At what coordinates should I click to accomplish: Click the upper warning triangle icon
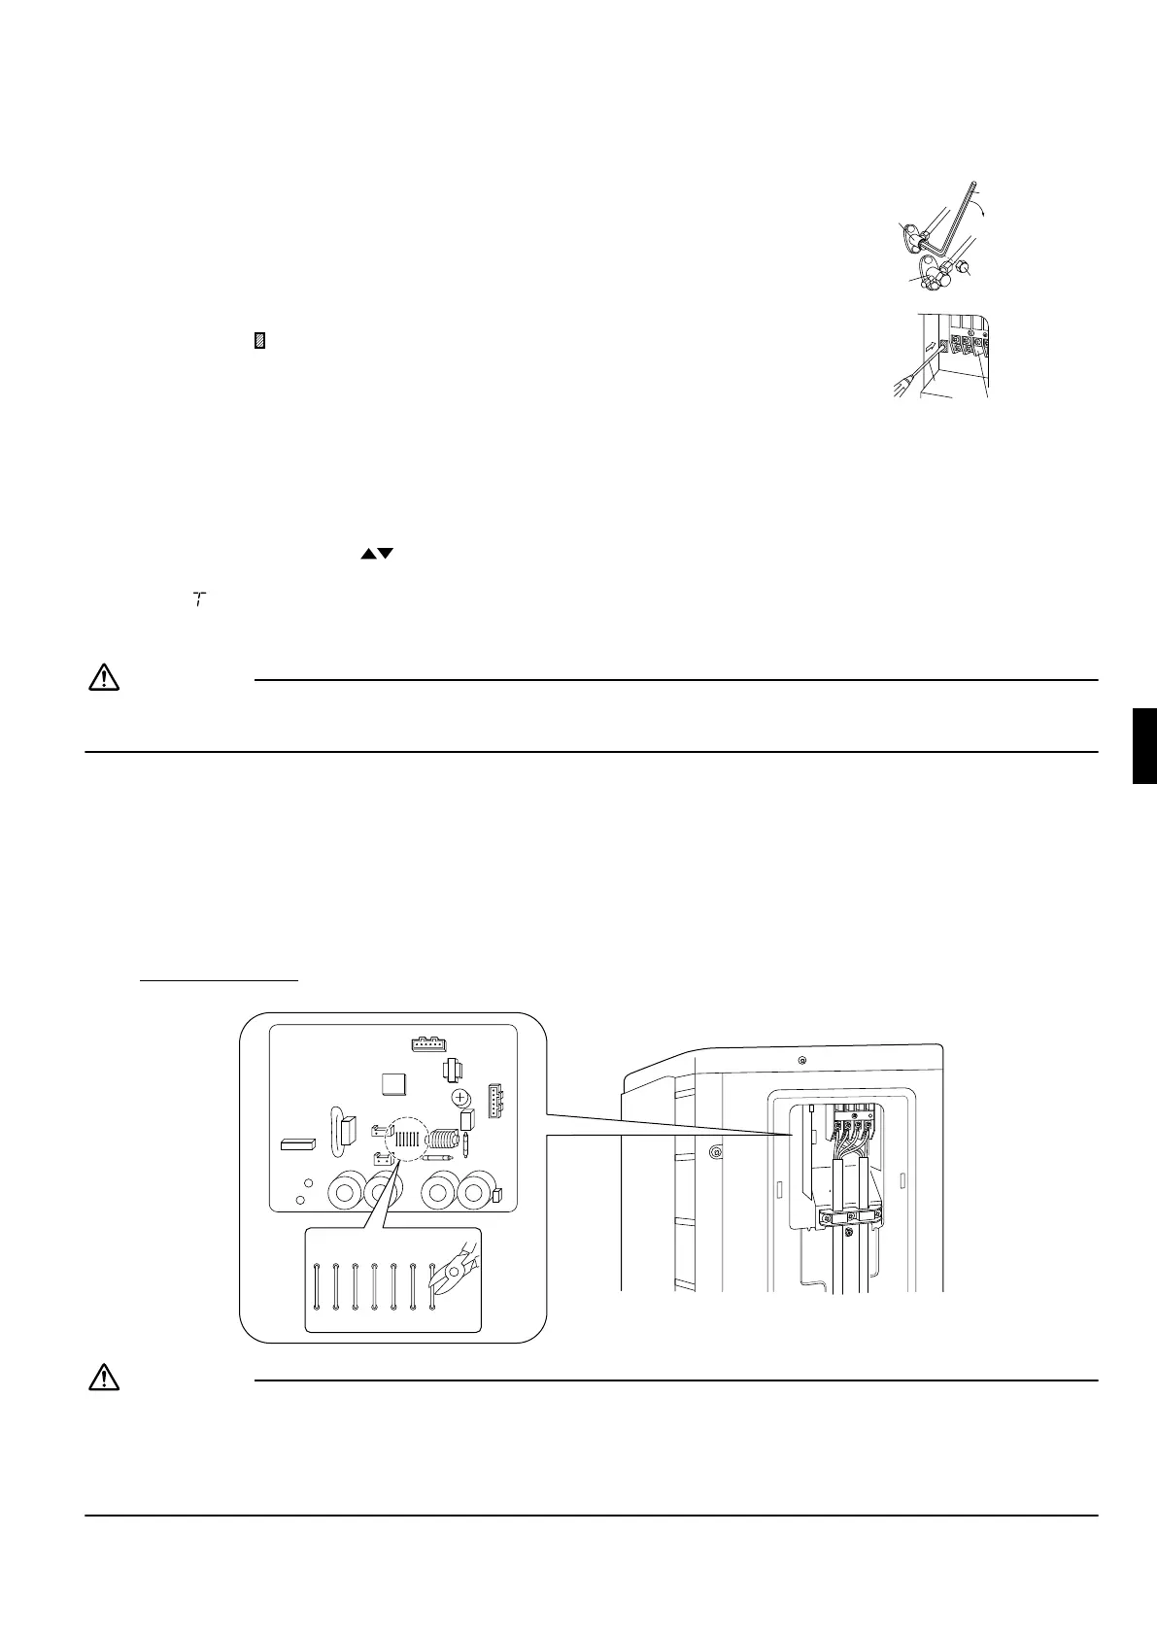tap(103, 677)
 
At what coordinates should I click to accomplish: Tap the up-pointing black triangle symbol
tap(367, 553)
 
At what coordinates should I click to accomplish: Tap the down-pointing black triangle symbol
tap(385, 553)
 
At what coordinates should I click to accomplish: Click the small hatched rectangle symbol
tap(259, 341)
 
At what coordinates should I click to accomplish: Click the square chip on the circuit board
tap(395, 1085)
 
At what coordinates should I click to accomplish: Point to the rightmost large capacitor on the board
tap(476, 1190)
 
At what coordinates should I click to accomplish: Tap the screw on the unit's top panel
tap(800, 1059)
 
